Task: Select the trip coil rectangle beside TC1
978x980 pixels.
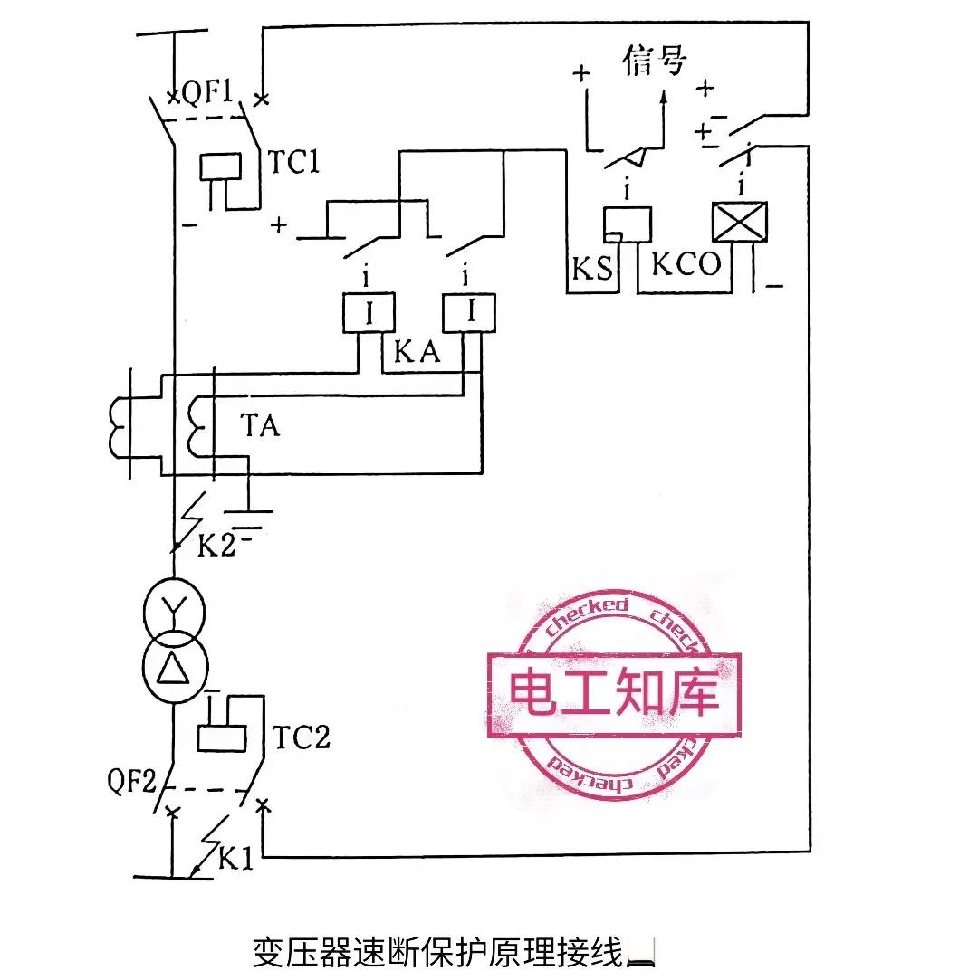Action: coord(220,167)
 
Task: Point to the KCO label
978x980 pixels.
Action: coord(686,264)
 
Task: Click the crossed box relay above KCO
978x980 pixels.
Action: coord(740,222)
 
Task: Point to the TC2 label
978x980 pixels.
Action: coord(301,738)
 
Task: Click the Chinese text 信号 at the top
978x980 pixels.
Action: coord(655,62)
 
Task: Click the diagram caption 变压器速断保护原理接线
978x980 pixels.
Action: coord(438,953)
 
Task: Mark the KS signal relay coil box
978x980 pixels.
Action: coord(628,224)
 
